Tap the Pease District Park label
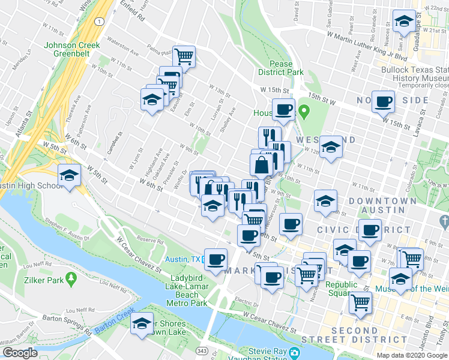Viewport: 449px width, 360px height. pos(276,68)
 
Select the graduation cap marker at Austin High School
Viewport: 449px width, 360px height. pos(70,176)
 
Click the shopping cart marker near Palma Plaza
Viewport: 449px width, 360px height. pos(184,56)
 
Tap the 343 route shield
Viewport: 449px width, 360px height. pos(203,350)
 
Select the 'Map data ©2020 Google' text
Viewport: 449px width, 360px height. pos(412,355)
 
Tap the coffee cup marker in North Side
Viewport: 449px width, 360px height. pos(383,101)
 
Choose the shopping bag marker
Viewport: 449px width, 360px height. pos(262,165)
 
